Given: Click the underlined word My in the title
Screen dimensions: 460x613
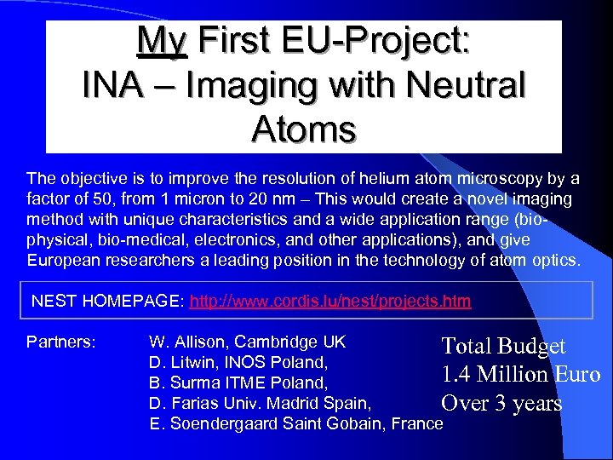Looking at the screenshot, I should [x=162, y=40].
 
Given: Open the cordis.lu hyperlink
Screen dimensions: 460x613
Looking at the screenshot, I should [x=330, y=301].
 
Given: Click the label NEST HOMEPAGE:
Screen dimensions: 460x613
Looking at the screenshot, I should [x=108, y=301].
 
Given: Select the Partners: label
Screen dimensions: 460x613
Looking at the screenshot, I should [x=60, y=342].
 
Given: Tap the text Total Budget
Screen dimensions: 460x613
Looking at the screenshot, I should [x=503, y=346].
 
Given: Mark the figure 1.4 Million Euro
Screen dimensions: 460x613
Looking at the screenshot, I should [x=520, y=375].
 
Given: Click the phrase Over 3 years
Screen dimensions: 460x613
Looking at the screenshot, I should [x=501, y=403].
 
